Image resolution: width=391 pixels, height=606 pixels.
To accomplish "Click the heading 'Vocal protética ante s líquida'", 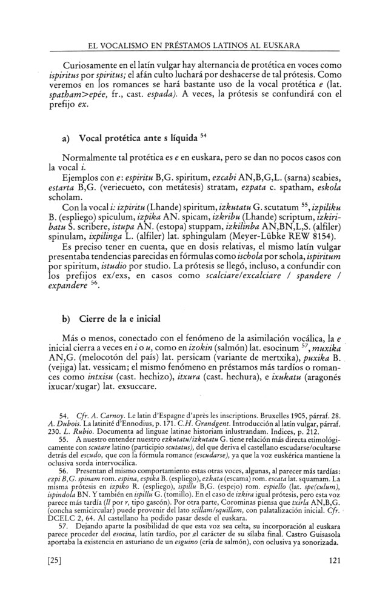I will click(132, 138).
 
